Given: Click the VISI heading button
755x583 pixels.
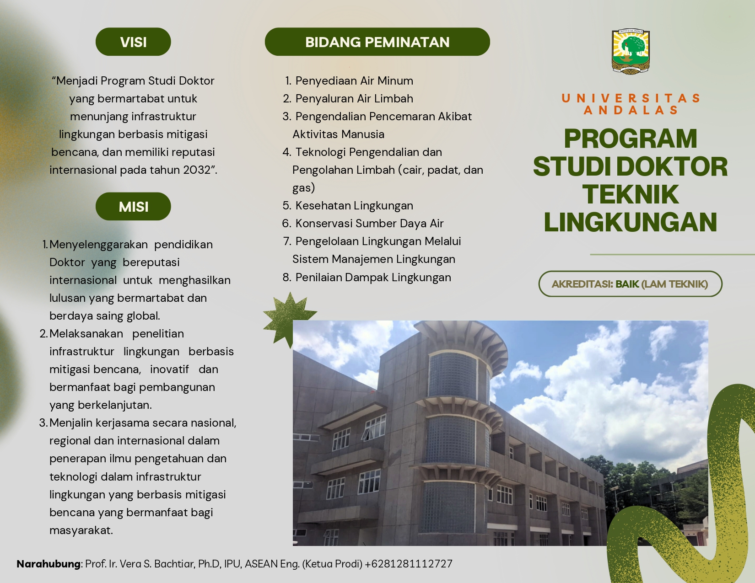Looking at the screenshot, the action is click(133, 42).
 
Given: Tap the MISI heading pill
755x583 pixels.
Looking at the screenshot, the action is click(133, 207).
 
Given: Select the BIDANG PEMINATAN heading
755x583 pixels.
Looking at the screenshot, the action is click(377, 42).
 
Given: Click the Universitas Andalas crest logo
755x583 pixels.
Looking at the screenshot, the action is click(631, 51).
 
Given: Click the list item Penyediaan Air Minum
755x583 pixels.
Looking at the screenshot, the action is click(354, 81).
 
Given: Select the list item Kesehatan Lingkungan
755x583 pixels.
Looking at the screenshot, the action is click(354, 206).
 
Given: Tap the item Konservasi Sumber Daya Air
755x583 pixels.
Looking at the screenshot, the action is click(369, 223).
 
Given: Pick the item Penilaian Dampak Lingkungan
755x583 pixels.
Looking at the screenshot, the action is click(373, 278).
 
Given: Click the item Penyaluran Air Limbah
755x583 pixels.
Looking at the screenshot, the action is click(354, 99).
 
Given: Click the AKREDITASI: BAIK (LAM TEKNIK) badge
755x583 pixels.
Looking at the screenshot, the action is click(630, 284).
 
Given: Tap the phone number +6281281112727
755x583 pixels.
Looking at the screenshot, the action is click(409, 564).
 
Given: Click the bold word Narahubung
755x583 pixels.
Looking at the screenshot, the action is click(49, 564).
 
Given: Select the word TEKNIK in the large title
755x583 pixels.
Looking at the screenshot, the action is click(630, 194).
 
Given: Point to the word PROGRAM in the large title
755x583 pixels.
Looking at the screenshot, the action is click(630, 139).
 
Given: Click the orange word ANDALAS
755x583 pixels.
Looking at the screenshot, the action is click(630, 110).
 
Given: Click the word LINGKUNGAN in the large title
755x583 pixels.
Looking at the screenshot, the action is click(630, 222).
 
